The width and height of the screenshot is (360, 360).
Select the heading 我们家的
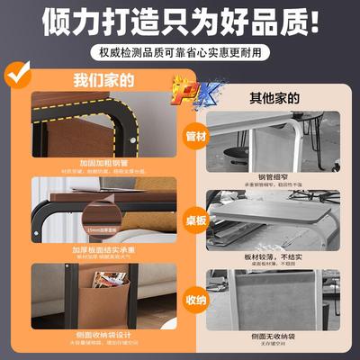tap(103, 79)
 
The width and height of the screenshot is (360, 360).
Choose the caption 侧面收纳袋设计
tap(103, 334)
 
